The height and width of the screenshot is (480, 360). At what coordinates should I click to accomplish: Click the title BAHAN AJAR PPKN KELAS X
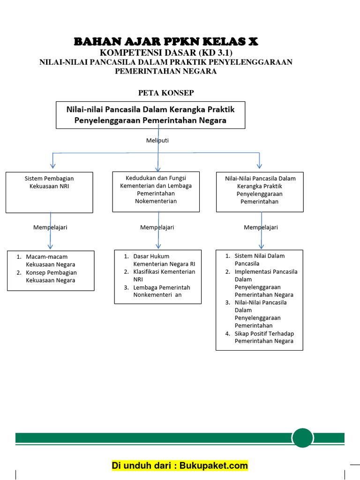166,42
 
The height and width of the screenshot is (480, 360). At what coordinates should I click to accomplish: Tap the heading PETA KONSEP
165,93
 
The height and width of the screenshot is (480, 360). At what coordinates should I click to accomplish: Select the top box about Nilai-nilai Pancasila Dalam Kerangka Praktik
150,115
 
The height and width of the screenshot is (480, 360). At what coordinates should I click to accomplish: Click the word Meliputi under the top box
157,140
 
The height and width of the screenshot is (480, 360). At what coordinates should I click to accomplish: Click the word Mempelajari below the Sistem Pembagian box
50,227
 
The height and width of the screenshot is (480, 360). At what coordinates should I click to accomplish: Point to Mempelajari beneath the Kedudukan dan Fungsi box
157,227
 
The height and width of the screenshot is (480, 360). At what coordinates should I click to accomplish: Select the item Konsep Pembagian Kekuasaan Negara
51,276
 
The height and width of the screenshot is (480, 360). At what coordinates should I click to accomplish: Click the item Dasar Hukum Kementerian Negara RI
164,260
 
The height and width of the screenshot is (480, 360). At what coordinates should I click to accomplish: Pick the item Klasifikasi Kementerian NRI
164,275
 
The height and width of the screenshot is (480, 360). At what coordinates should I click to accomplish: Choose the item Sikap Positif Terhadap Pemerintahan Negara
263,337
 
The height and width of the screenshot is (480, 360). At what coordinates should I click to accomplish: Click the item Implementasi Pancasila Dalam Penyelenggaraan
265,283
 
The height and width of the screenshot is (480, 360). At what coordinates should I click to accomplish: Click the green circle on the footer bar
302,438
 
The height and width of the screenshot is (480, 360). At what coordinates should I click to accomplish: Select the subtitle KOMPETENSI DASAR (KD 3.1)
166,52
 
